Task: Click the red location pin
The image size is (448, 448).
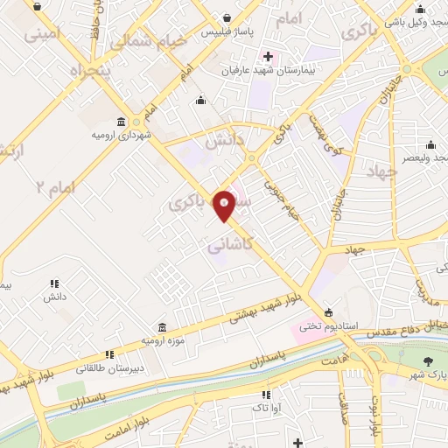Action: (x=225, y=205)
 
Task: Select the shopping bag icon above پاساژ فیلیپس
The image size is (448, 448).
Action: (x=227, y=17)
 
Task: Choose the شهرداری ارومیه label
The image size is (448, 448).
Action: (x=122, y=136)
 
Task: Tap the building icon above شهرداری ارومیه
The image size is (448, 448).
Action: (x=122, y=122)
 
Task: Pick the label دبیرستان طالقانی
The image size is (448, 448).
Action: (x=110, y=367)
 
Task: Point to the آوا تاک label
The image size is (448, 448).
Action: (x=264, y=408)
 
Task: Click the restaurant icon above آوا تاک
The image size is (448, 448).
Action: (x=264, y=395)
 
